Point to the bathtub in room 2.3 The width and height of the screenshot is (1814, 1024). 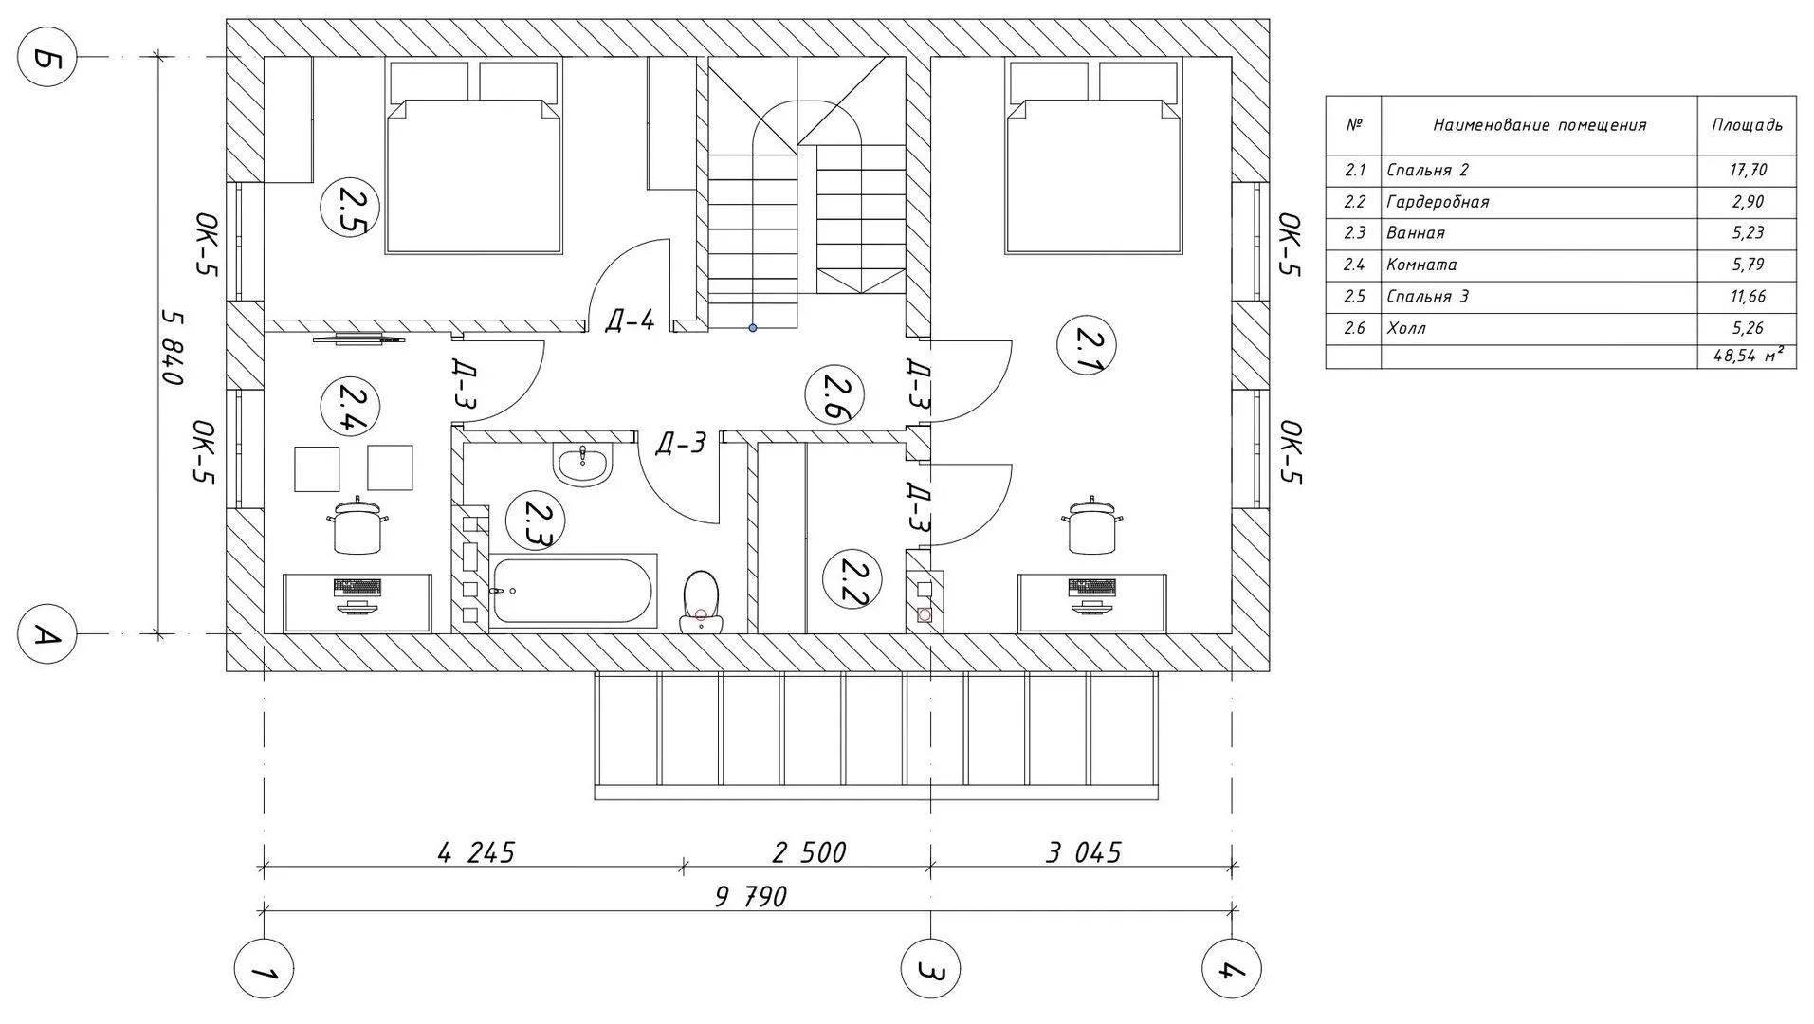point(574,590)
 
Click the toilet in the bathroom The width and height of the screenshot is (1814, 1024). point(701,600)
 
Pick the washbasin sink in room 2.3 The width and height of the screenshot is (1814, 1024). point(583,464)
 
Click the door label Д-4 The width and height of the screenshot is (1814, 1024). point(630,320)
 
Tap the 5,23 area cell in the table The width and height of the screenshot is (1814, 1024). point(1747,233)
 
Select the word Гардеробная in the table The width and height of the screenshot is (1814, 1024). point(1438,202)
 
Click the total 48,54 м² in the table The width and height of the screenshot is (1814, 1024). point(1748,357)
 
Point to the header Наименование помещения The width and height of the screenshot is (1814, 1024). point(1539,125)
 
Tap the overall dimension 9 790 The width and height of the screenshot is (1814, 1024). point(750,895)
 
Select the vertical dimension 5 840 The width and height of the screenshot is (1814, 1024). point(172,346)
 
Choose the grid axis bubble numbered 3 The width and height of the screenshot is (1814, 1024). point(930,969)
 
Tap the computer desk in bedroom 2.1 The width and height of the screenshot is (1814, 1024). point(1091,602)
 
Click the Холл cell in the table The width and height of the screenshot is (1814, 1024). point(1405,328)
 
